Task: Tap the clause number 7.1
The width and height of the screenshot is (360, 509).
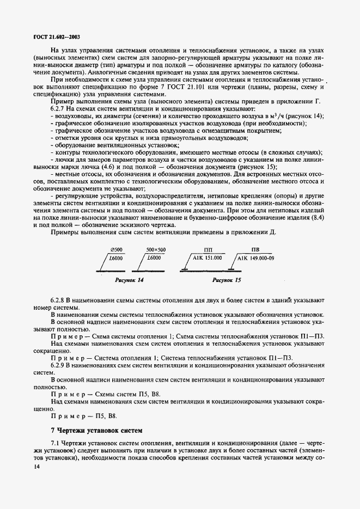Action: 56,444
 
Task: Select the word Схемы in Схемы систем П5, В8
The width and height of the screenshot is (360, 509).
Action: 105,393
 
